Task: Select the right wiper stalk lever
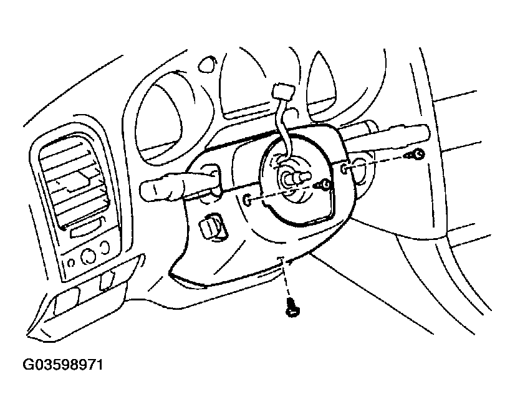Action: click(387, 132)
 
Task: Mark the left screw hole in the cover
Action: click(247, 199)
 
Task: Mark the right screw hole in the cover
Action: click(345, 168)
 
